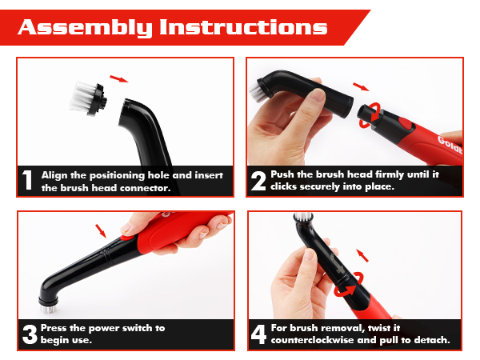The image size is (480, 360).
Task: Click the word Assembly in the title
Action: [x=85, y=27]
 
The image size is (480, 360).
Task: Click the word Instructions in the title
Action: [x=243, y=27]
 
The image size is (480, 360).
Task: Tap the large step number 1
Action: [x=27, y=180]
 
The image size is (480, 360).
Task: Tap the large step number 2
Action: [x=258, y=181]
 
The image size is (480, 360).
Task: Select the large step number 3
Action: [x=30, y=334]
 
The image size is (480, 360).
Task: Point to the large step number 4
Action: [x=258, y=334]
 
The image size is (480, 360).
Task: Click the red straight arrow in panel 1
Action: [x=118, y=78]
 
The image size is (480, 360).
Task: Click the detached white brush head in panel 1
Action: [x=88, y=98]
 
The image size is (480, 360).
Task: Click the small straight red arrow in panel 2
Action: [x=361, y=86]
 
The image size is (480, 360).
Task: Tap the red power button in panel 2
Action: [x=405, y=123]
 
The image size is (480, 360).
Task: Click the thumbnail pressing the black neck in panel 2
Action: [x=317, y=94]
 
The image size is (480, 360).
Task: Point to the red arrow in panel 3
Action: [x=101, y=231]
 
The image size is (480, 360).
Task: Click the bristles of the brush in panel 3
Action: [x=48, y=307]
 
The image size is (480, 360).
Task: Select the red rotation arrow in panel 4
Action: [x=349, y=285]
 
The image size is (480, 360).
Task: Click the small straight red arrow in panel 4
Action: [x=362, y=255]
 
